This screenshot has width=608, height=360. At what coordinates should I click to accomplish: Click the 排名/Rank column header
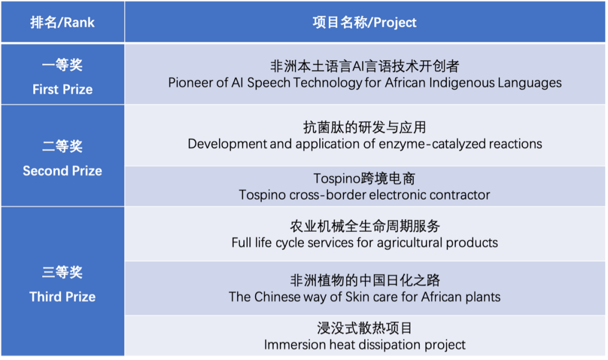(62, 22)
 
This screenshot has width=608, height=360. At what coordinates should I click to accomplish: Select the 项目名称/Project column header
(364, 22)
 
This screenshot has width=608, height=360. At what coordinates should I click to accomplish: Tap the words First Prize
(62, 89)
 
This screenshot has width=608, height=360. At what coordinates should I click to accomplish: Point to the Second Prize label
(62, 171)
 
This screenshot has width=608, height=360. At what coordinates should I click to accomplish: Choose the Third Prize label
(62, 297)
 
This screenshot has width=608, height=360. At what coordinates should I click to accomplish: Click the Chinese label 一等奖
(62, 65)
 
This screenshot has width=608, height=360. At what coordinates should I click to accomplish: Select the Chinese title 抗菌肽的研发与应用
(364, 127)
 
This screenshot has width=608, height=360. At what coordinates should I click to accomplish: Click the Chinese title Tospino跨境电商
(364, 179)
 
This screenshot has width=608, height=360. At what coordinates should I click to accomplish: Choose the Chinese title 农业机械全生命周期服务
(364, 226)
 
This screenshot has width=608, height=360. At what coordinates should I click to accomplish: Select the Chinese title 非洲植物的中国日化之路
(364, 280)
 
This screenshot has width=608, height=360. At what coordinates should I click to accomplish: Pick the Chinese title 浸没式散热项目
(364, 328)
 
